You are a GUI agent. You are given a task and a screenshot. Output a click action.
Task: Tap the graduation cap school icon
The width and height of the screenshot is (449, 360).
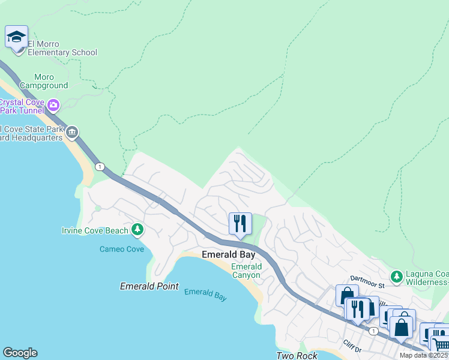click(x=16, y=37)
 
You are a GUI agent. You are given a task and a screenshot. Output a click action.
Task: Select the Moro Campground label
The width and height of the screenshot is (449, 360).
click(x=43, y=82)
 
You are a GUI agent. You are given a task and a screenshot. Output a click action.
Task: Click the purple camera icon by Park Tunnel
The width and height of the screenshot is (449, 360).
click(x=53, y=106)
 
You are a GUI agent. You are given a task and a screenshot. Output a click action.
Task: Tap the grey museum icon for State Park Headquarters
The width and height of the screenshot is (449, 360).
click(x=72, y=132)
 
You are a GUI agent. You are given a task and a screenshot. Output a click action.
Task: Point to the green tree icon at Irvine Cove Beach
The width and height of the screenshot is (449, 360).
click(x=137, y=229)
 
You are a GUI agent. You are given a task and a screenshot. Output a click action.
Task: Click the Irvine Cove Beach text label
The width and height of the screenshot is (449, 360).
click(x=95, y=230)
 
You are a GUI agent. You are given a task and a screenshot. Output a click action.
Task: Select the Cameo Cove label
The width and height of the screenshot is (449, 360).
click(x=122, y=248)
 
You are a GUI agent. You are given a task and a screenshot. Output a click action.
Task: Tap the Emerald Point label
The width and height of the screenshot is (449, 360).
click(x=149, y=286)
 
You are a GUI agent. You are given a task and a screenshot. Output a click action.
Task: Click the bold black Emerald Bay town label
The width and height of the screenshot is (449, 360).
click(x=225, y=254)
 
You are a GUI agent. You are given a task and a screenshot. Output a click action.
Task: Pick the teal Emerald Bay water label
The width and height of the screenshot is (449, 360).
click(x=205, y=295)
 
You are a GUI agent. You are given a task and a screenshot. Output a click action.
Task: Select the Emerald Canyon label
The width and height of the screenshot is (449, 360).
click(x=246, y=271)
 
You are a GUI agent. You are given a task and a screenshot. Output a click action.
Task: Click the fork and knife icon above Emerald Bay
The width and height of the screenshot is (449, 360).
click(x=240, y=224)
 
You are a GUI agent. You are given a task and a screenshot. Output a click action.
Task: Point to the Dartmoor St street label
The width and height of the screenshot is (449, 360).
click(x=367, y=278)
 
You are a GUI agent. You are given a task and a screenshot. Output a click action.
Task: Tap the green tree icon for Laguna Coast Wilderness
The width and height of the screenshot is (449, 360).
click(x=396, y=277)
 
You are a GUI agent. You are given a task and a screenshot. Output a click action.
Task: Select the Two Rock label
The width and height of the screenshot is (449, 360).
click(x=296, y=355)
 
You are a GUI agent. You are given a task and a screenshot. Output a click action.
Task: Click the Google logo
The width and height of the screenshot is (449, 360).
click(x=20, y=353)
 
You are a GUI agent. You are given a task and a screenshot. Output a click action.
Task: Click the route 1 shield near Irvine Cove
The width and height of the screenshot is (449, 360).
click(x=100, y=166)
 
